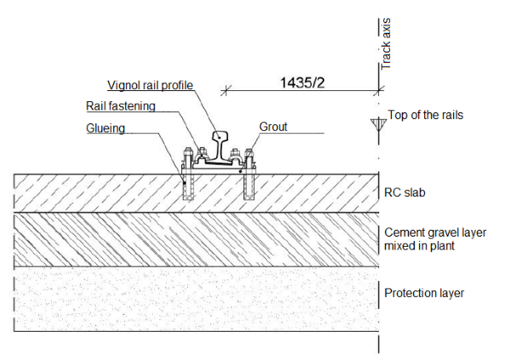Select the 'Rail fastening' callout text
pos(121,107)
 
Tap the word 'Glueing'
pos(106,129)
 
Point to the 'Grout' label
pos(273,127)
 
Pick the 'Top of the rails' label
pos(426,115)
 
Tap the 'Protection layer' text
pos(424,293)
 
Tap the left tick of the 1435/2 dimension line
pos(226,88)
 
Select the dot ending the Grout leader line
pos(242,170)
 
